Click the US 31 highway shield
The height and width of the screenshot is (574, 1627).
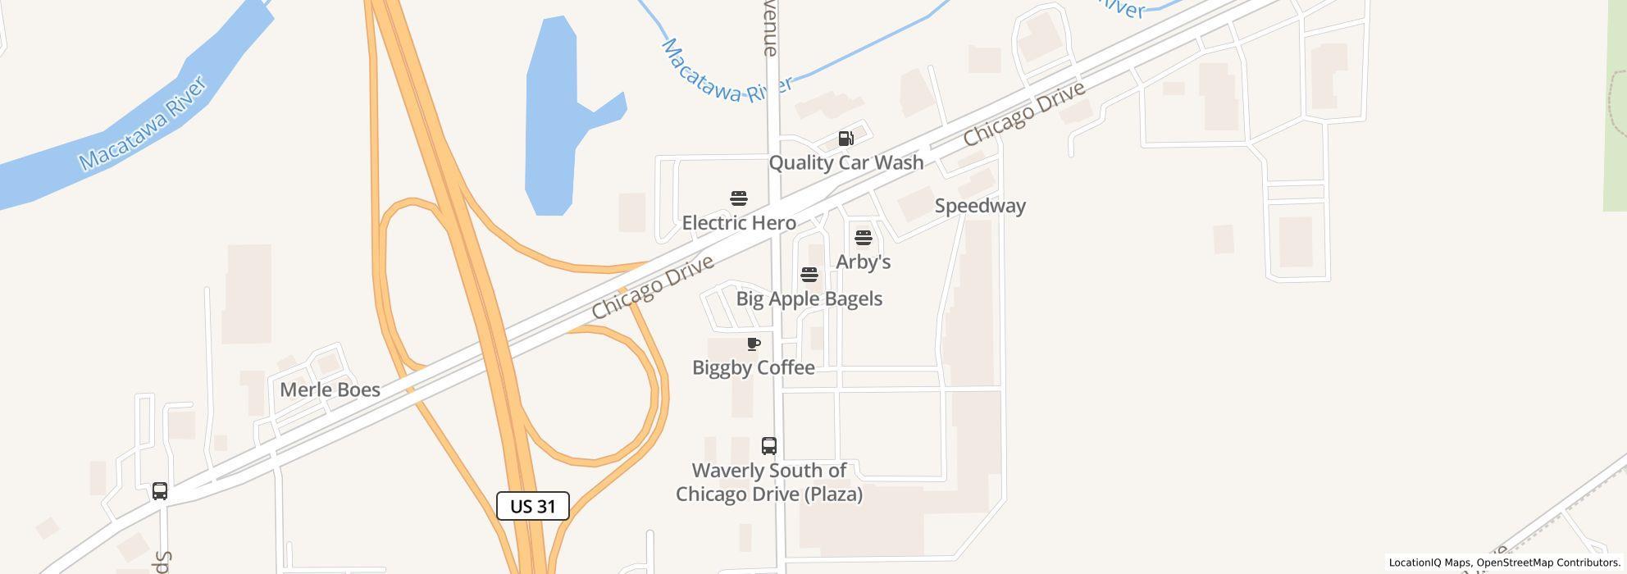click(533, 506)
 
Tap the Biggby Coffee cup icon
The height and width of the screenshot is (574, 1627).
click(754, 344)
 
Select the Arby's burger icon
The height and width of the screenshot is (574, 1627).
click(864, 239)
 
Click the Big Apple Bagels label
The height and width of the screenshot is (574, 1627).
click(809, 298)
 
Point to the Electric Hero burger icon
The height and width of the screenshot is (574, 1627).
click(739, 198)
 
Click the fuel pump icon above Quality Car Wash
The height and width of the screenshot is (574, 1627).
click(845, 139)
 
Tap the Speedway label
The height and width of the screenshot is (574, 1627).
click(980, 206)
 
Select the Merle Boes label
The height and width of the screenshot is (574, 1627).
click(330, 389)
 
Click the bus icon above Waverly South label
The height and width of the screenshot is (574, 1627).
click(769, 446)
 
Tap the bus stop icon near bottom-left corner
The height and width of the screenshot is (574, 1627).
click(160, 491)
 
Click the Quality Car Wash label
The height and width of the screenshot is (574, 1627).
click(845, 162)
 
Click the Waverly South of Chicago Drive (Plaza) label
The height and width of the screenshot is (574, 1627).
click(769, 482)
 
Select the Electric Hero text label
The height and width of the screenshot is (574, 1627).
click(739, 223)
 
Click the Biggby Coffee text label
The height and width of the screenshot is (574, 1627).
click(754, 367)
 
